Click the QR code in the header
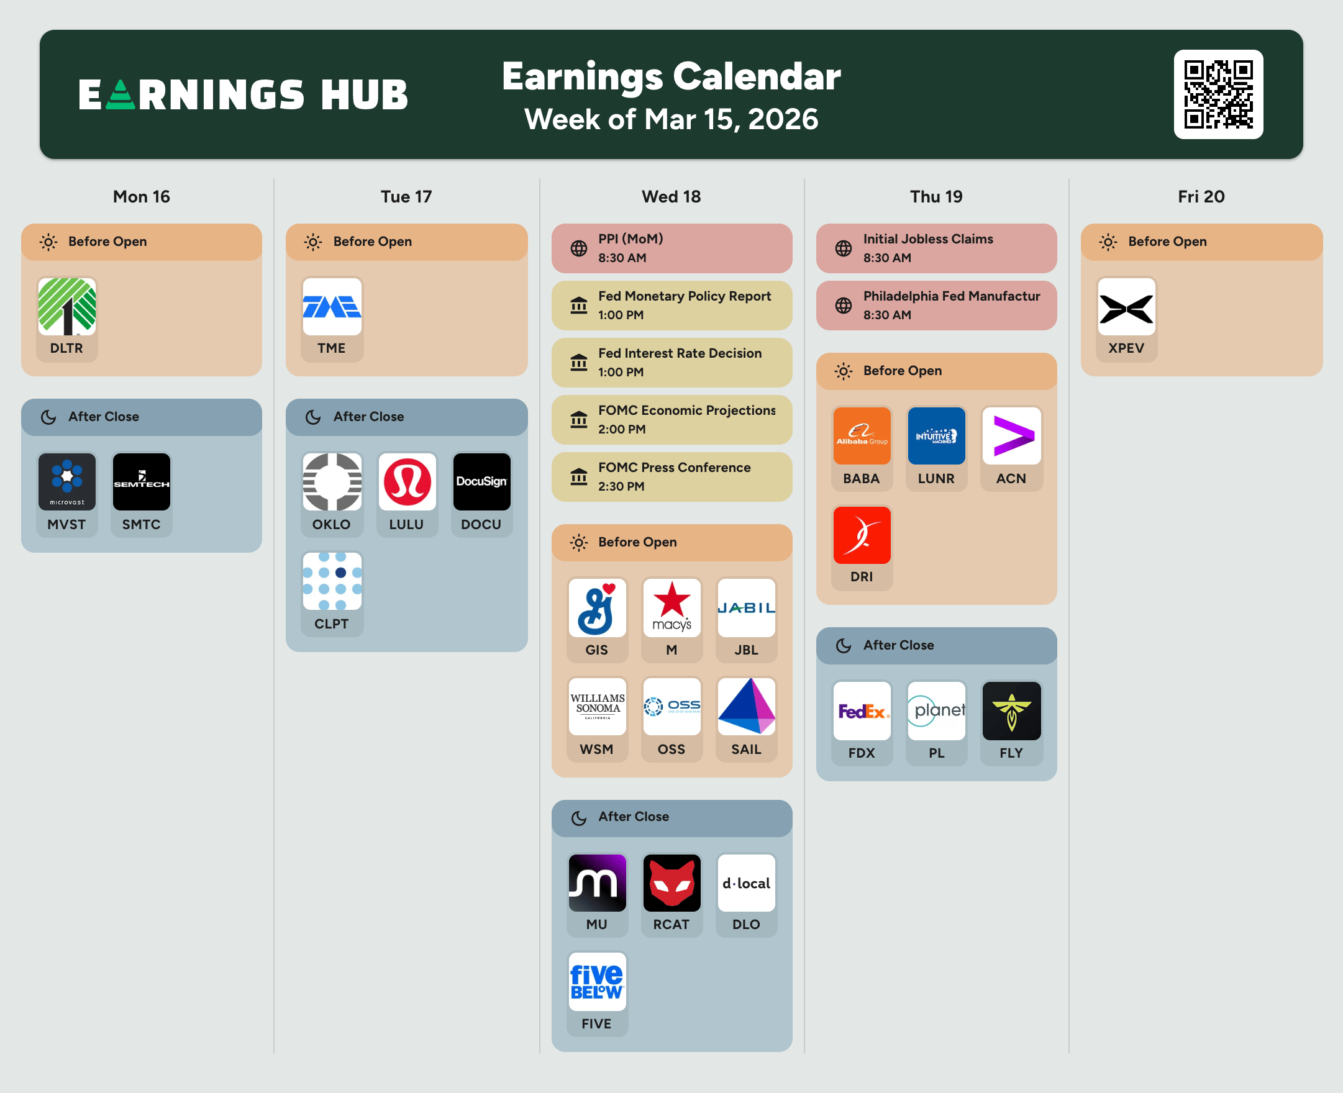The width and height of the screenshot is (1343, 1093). (x=1218, y=94)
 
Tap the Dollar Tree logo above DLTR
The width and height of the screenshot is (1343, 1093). (x=66, y=307)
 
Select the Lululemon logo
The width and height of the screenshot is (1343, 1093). (x=407, y=482)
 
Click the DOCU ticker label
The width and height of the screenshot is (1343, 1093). (x=481, y=525)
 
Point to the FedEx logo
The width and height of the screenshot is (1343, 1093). (x=862, y=711)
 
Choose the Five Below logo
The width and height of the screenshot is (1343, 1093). (x=597, y=982)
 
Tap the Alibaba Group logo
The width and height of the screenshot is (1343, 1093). (x=862, y=436)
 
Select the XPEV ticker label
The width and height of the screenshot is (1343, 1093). (x=1126, y=348)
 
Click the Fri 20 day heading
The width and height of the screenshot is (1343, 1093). (x=1201, y=197)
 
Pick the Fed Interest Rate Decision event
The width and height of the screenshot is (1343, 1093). (x=672, y=363)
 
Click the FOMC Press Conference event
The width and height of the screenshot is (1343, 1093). (x=672, y=476)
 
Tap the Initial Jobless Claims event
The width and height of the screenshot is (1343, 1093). (x=936, y=248)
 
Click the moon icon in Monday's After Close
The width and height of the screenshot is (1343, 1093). (x=48, y=417)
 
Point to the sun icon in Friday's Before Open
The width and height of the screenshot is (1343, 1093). (x=1108, y=242)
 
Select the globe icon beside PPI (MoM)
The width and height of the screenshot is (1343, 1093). (x=578, y=248)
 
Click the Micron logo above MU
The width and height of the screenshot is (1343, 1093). (x=597, y=882)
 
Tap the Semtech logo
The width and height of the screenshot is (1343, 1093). (x=142, y=482)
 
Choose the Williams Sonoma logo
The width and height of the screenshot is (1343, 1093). (x=597, y=707)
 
